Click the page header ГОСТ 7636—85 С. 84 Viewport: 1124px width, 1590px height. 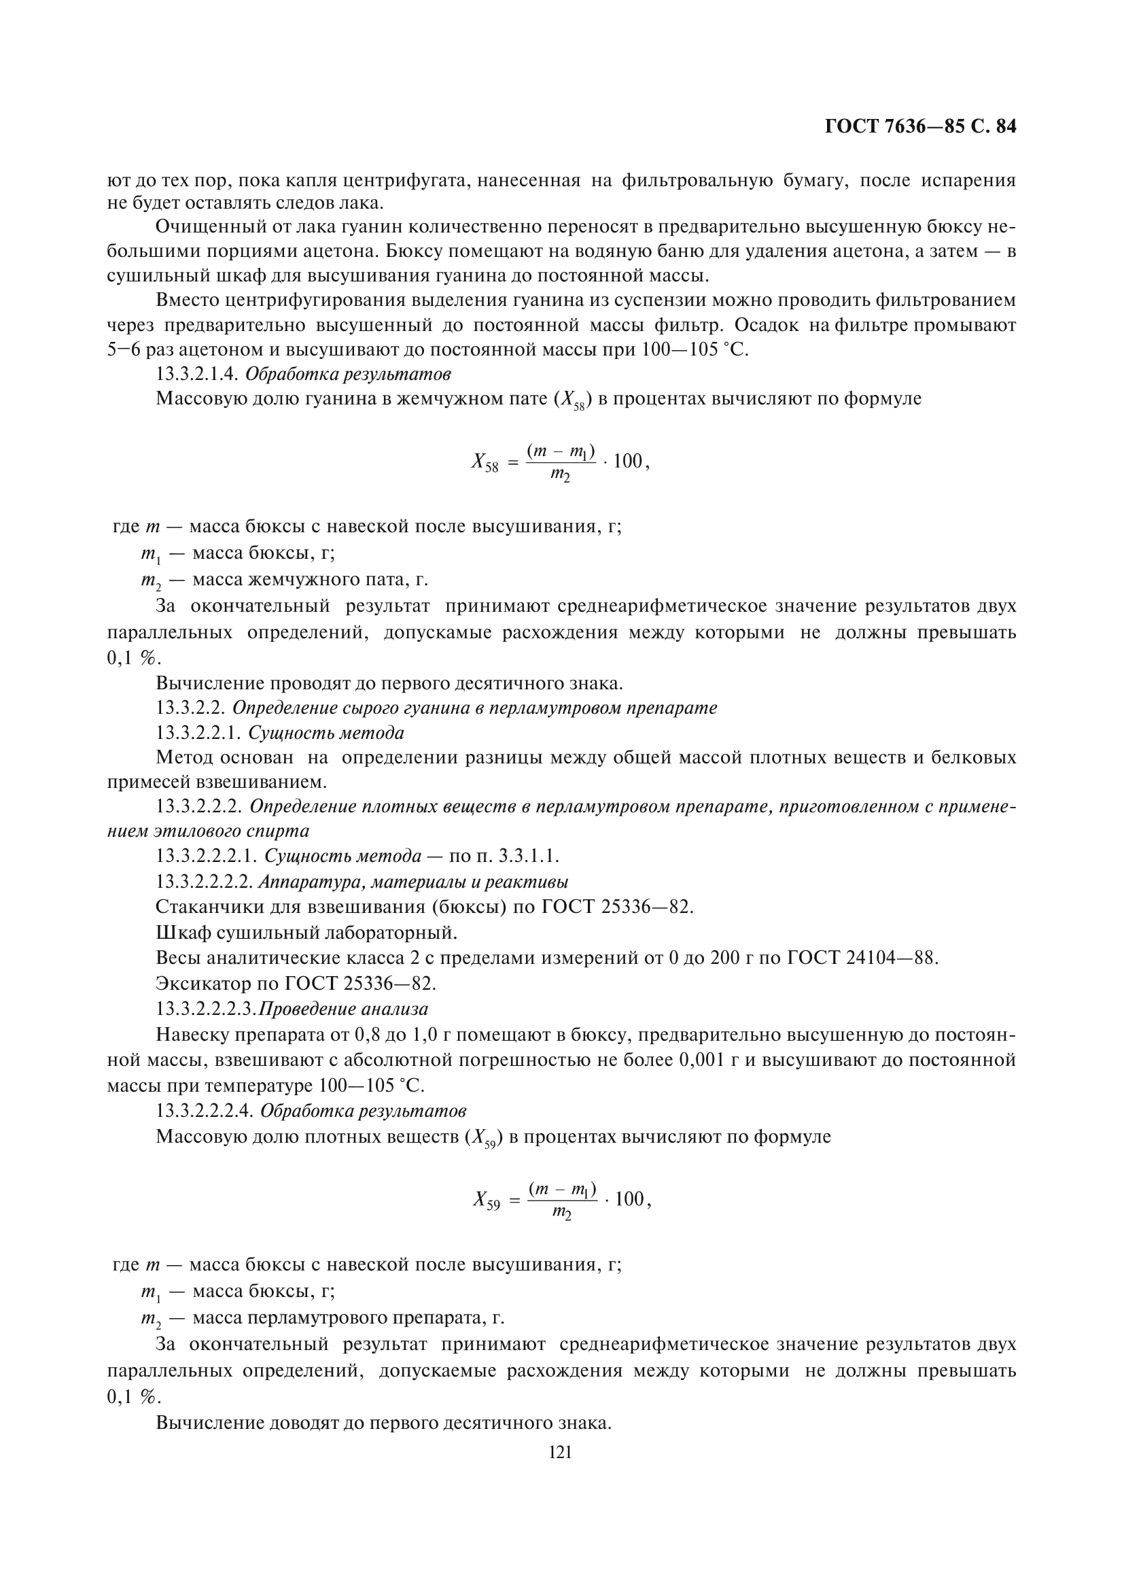tap(920, 126)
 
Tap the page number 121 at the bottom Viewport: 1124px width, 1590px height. tap(560, 1452)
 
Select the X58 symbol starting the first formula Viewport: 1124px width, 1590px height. tap(485, 462)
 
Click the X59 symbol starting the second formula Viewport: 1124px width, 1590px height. tap(487, 1199)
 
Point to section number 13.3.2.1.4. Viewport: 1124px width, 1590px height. tap(197, 374)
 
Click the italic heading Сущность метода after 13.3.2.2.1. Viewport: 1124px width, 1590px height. tap(326, 733)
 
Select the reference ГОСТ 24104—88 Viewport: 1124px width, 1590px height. tap(862, 958)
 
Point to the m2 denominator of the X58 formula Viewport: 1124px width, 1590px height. tap(560, 475)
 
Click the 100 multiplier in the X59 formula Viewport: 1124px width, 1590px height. tap(629, 1198)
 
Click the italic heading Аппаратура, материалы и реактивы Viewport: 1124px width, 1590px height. tap(413, 882)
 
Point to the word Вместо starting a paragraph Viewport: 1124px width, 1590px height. tap(188, 300)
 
